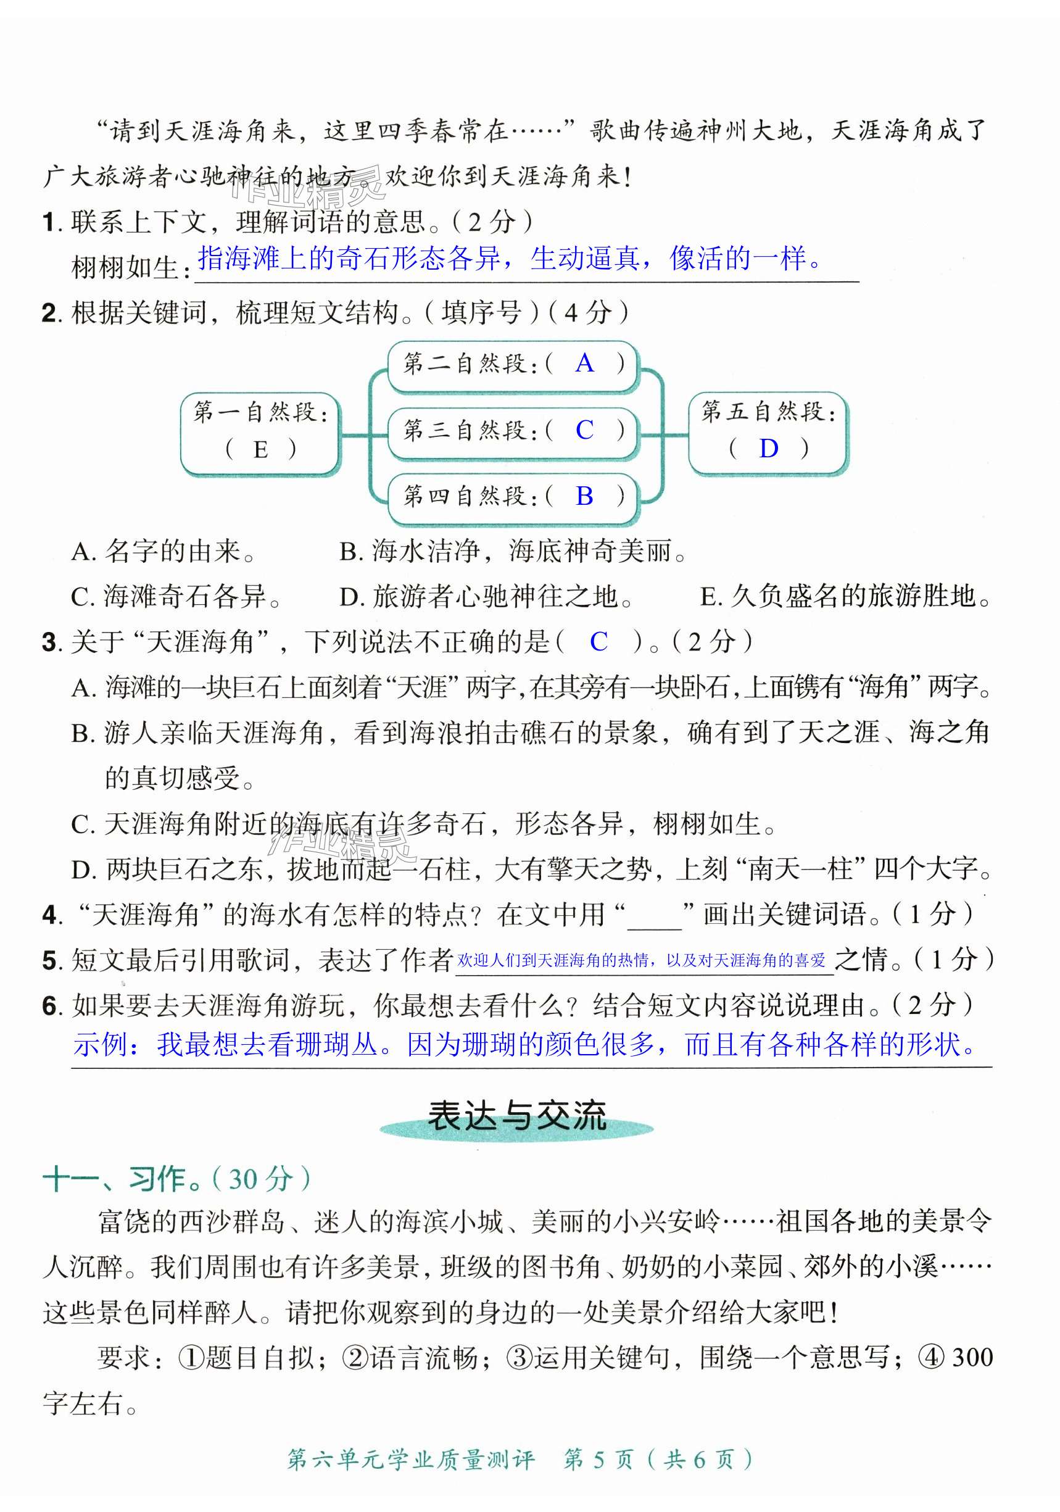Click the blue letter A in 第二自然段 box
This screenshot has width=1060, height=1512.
pyautogui.click(x=584, y=363)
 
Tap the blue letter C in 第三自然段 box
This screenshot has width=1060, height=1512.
pyautogui.click(x=584, y=430)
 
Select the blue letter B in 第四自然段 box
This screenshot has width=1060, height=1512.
pyautogui.click(x=584, y=496)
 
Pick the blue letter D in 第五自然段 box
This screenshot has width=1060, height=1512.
pyautogui.click(x=768, y=449)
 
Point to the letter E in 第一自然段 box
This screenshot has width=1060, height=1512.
pyautogui.click(x=261, y=450)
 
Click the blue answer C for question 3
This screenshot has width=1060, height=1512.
pyautogui.click(x=598, y=641)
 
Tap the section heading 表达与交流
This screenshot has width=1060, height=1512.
pyautogui.click(x=516, y=1117)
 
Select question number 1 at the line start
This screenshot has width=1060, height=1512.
pyautogui.click(x=51, y=223)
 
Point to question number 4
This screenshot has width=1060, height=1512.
pyautogui.click(x=51, y=915)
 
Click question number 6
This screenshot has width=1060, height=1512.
pyautogui.click(x=51, y=1005)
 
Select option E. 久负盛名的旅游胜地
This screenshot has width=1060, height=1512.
pyautogui.click(x=845, y=597)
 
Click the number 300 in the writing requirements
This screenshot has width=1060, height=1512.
pyautogui.click(x=972, y=1357)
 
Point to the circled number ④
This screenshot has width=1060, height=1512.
pyautogui.click(x=931, y=1357)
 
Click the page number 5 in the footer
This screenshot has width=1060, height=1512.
pyautogui.click(x=598, y=1460)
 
